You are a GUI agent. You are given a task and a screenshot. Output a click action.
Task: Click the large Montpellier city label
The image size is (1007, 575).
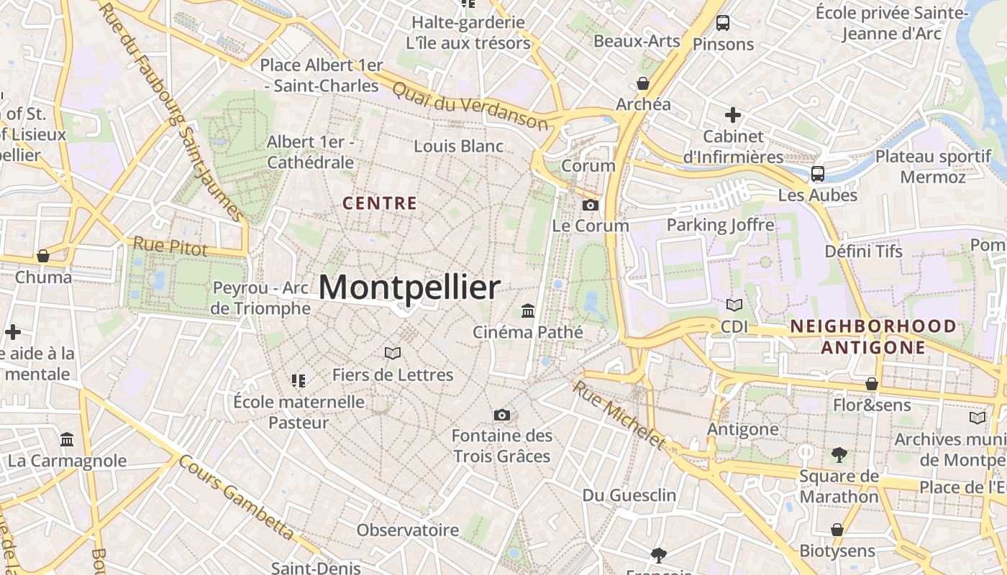409,288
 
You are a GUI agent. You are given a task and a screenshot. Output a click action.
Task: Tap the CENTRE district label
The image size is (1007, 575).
380,203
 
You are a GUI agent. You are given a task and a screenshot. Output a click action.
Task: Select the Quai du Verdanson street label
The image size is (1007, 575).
470,105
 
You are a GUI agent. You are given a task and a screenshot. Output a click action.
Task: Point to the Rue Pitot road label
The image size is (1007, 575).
170,247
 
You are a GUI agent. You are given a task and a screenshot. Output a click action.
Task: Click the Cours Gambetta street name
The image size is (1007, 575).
236,497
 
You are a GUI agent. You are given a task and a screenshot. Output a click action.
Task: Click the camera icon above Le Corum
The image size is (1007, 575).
590,206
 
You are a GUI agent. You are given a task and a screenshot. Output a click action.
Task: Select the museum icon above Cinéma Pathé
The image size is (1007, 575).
528,311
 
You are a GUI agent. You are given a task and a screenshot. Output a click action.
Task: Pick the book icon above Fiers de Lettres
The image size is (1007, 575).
392,353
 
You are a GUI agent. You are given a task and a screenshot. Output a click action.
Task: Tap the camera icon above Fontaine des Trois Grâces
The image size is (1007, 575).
502,415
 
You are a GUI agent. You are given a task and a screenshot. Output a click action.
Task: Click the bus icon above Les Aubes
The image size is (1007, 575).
818,173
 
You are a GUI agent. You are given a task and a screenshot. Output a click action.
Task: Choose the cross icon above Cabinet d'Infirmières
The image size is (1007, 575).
733,115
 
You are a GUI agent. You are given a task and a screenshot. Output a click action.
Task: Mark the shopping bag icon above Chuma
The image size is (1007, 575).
43,256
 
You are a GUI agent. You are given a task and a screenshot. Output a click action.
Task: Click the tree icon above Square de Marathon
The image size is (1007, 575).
839,454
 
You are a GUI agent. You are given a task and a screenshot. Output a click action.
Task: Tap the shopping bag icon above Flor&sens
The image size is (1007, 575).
872,384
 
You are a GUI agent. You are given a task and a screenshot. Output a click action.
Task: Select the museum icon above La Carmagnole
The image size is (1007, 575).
67,439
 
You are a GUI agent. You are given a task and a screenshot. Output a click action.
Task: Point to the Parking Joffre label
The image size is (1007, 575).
720,225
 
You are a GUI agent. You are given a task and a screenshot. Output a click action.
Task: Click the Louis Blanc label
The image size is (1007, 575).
458,146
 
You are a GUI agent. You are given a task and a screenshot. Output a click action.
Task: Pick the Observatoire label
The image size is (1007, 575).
408,530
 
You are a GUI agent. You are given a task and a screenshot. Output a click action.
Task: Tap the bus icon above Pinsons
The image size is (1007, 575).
723,23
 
